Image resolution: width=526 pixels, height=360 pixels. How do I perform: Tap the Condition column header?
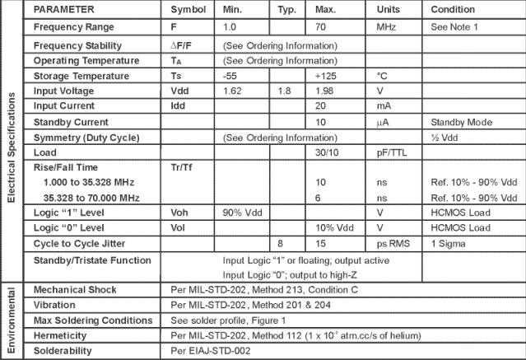pos(453,9)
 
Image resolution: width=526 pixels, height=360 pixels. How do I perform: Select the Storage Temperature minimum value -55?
pos(230,76)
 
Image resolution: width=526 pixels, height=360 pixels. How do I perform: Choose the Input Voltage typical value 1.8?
pos(284,90)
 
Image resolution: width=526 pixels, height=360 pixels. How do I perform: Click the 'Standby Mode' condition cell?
pos(460,121)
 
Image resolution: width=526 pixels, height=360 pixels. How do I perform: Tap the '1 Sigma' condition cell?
pos(449,243)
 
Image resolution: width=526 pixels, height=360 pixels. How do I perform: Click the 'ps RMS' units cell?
pos(394,243)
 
